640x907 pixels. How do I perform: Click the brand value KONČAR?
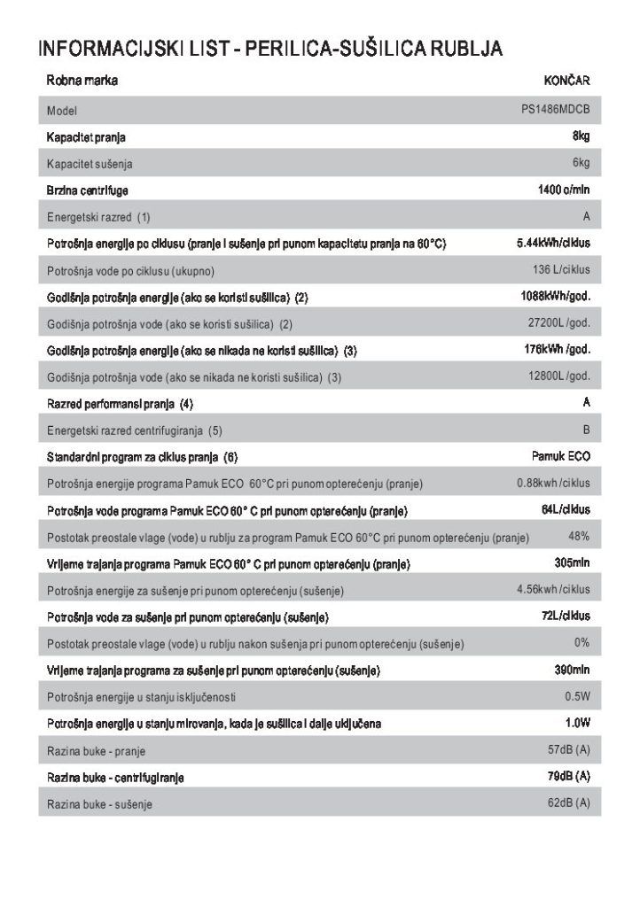(567, 81)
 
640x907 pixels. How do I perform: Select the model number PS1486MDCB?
(556, 111)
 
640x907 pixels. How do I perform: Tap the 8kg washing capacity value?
(581, 136)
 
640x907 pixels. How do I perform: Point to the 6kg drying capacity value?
(581, 163)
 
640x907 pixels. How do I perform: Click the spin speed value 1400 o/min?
(564, 190)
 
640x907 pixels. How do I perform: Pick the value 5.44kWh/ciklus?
(553, 243)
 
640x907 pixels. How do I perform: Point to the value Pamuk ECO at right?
(560, 456)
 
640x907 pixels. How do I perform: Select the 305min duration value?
(572, 562)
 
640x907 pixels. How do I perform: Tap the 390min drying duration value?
(572, 669)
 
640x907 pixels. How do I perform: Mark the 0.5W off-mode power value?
(577, 696)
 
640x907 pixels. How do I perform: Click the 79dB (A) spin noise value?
(569, 776)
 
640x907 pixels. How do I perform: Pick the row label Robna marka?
(82, 81)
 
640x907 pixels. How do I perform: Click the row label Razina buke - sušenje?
(99, 804)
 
